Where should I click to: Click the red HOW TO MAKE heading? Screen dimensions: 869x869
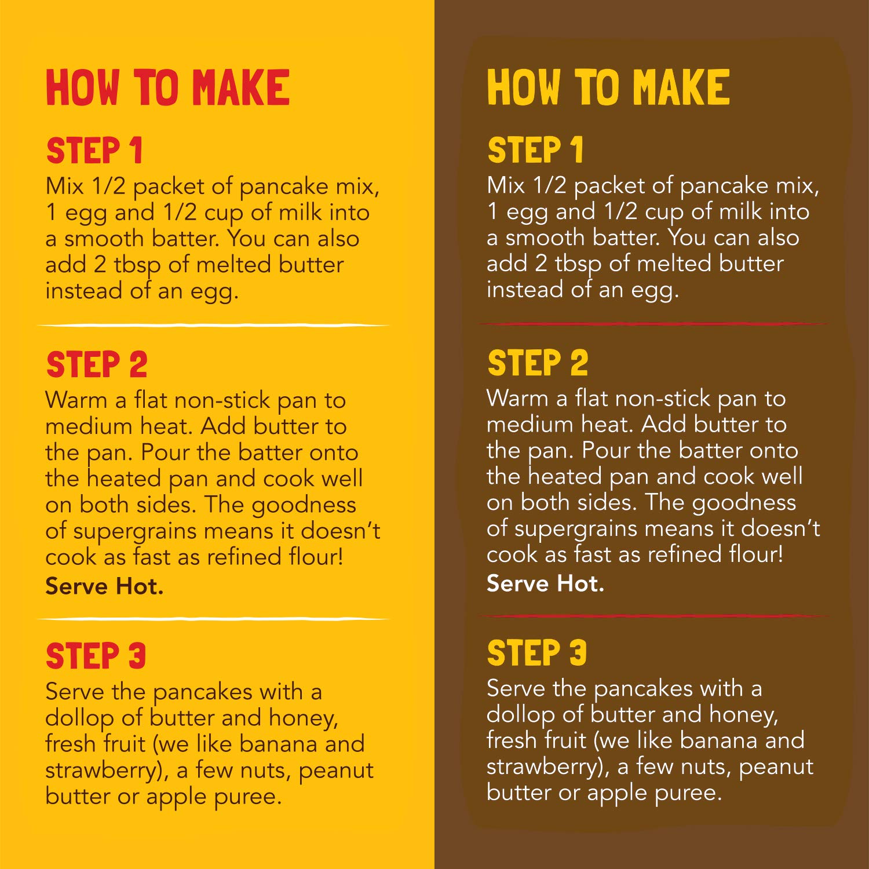[x=168, y=87]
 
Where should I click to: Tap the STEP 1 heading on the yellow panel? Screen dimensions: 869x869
[x=94, y=151]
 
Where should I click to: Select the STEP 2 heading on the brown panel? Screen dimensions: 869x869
[x=538, y=363]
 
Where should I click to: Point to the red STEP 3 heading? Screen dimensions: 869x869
[x=96, y=656]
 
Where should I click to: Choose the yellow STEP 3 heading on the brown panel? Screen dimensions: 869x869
[x=537, y=653]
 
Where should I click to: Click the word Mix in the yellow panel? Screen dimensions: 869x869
[x=64, y=187]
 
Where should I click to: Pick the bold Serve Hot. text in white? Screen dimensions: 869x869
[x=545, y=583]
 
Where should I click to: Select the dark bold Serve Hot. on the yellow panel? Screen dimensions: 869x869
[x=104, y=586]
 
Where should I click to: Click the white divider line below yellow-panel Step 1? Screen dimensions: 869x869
[x=214, y=326]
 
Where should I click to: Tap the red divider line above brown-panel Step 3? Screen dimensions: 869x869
[x=653, y=616]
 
